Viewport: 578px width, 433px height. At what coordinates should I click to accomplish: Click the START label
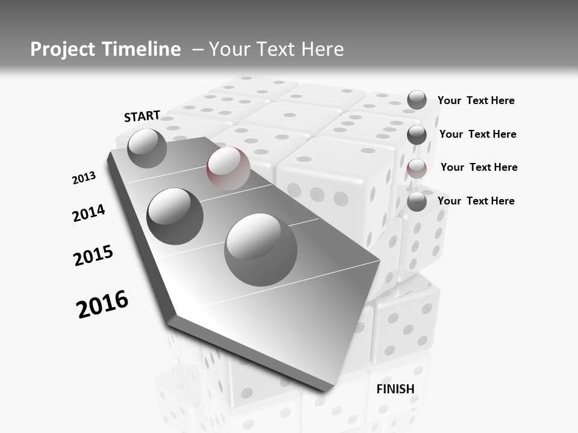[x=142, y=116]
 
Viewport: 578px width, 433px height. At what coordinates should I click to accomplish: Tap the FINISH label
[x=396, y=389]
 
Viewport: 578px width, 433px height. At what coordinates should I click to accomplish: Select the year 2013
[x=84, y=178]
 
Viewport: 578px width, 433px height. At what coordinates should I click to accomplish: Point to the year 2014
[x=89, y=213]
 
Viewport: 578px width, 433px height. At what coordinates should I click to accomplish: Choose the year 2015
[x=93, y=256]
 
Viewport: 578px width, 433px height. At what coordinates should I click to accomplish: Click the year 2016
[x=102, y=304]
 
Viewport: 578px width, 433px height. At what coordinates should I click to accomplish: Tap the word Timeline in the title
[x=142, y=49]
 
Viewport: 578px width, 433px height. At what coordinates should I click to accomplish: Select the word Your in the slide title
[x=229, y=49]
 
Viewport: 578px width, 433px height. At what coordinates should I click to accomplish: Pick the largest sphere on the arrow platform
[x=261, y=250]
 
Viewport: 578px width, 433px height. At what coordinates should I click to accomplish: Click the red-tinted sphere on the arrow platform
[x=228, y=168]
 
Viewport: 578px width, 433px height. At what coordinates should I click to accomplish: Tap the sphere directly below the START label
[x=147, y=148]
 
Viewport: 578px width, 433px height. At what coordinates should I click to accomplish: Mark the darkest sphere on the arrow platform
[x=175, y=216]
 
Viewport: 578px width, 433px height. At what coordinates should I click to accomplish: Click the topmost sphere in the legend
[x=417, y=100]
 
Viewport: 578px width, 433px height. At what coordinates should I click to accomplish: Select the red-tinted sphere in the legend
[x=417, y=168]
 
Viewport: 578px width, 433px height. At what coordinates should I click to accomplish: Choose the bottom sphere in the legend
[x=417, y=201]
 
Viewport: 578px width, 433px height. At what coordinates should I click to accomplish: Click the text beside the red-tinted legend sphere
[x=479, y=167]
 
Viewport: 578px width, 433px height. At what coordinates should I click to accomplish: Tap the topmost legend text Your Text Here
[x=476, y=100]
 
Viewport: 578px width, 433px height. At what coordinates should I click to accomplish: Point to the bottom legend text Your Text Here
[x=476, y=201]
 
